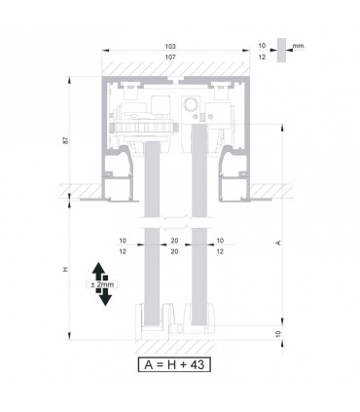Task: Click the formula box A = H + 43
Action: tap(174, 364)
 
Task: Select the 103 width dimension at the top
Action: tap(170, 47)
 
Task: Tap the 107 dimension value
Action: tap(170, 57)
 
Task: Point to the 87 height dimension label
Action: tap(66, 140)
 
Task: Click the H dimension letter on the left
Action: tap(66, 269)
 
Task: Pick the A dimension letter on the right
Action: tap(277, 243)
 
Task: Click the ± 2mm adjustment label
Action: tap(102, 284)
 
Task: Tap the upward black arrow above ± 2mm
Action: tap(98, 271)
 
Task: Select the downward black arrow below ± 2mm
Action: tap(104, 297)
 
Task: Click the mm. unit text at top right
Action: tap(299, 46)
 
